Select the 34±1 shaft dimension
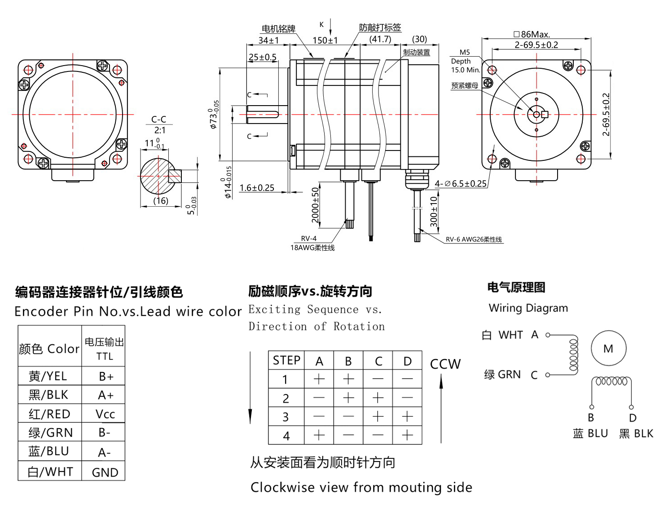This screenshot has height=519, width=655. click(x=268, y=40)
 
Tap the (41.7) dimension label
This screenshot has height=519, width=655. click(x=380, y=39)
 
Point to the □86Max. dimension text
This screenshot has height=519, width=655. click(x=532, y=34)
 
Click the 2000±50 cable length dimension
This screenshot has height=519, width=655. click(x=315, y=205)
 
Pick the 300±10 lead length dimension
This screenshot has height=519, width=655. click(x=433, y=211)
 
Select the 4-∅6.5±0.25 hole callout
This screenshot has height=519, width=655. click(x=461, y=183)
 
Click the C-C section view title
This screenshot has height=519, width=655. click(x=158, y=120)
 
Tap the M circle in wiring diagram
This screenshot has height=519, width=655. click(x=608, y=349)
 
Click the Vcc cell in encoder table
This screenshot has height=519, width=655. click(x=105, y=414)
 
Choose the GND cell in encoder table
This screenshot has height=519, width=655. click(x=105, y=472)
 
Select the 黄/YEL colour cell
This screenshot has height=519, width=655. click(x=48, y=376)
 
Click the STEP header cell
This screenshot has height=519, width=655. click(x=286, y=360)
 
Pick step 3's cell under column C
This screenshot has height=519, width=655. click(x=378, y=417)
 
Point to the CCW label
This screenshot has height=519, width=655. click(x=445, y=364)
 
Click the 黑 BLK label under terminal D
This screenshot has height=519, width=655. click(x=636, y=434)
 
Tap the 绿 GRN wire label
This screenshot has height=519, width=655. click(x=502, y=374)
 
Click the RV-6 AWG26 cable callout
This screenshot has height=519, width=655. click(x=474, y=240)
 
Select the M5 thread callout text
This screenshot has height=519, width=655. click(x=465, y=53)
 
